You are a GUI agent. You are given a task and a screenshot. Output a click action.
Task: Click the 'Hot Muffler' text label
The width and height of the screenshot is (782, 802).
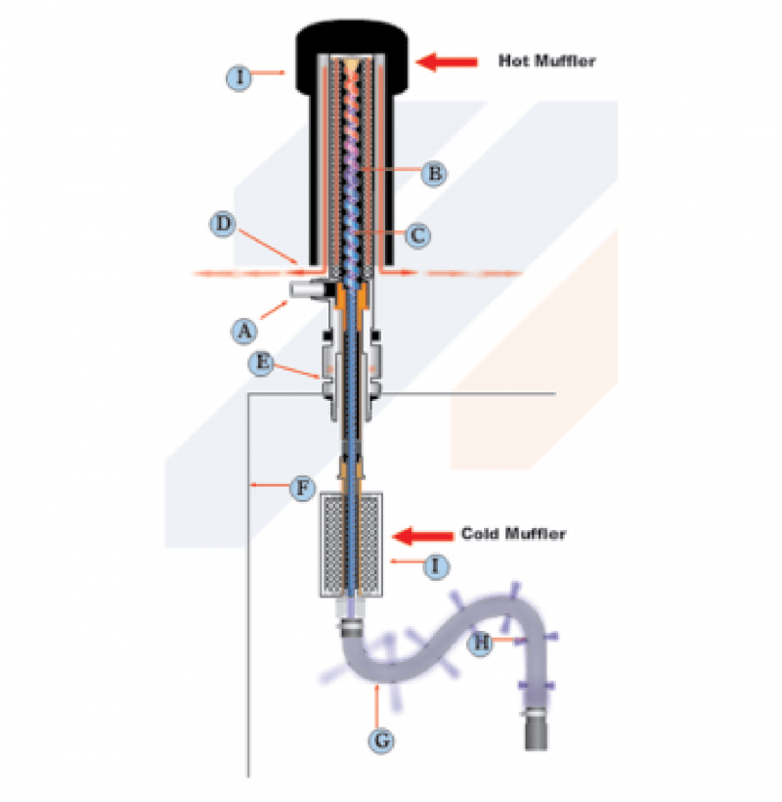tap(546, 62)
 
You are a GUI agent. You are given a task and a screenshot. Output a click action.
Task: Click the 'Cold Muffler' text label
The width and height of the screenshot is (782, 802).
tap(513, 534)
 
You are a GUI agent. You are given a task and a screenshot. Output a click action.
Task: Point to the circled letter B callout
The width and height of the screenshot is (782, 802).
tap(434, 174)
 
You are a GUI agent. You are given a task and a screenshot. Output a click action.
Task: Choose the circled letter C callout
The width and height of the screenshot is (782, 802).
tap(416, 235)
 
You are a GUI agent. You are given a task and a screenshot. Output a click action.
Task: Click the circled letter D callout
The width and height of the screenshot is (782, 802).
tap(224, 225)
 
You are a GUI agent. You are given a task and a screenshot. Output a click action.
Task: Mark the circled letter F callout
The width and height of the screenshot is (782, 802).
tap(304, 485)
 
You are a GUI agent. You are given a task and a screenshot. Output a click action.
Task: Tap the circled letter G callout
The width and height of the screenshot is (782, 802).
tap(383, 740)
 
